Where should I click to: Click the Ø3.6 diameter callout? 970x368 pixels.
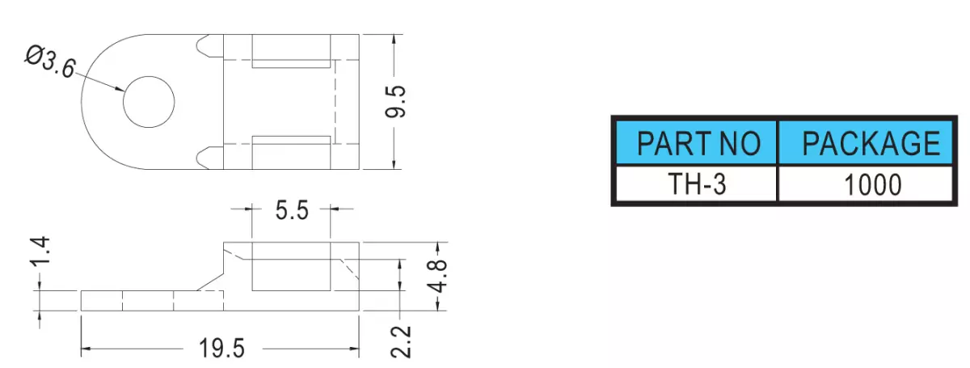point(50,63)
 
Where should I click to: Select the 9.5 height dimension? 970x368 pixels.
point(395,102)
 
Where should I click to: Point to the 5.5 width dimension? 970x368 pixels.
point(292,210)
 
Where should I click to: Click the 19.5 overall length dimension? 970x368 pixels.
point(221,348)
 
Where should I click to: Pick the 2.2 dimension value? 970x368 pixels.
point(401,342)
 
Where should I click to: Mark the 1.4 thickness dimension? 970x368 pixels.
point(40,250)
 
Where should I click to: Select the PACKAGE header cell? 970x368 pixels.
point(866,142)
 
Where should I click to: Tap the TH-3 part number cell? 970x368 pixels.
point(696,184)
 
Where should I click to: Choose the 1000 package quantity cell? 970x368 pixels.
point(866,184)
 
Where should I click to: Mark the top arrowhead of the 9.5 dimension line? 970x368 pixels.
point(394,40)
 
